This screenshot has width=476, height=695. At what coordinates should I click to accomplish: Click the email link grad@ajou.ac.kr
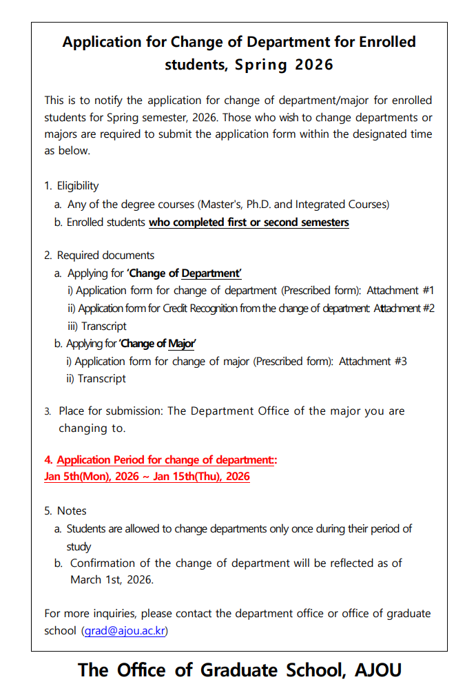click(x=125, y=630)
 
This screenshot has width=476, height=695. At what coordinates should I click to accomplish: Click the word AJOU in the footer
click(x=378, y=670)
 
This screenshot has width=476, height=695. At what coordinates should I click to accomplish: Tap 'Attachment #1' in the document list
click(x=400, y=291)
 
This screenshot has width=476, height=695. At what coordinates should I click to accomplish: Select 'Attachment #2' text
click(x=404, y=309)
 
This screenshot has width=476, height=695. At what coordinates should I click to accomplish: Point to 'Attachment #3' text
click(x=373, y=361)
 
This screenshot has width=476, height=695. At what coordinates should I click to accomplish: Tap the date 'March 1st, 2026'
click(x=112, y=580)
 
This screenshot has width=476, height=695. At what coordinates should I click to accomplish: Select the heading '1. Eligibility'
click(x=72, y=186)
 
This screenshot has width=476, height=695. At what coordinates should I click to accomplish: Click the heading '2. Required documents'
click(x=99, y=256)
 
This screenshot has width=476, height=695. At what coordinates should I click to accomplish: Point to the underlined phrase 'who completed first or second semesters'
click(x=249, y=222)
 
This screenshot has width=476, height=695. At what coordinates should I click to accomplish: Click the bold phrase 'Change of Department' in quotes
click(x=184, y=273)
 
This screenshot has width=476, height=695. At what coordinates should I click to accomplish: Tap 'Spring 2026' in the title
click(x=284, y=65)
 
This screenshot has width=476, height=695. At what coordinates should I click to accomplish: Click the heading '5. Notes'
click(x=65, y=511)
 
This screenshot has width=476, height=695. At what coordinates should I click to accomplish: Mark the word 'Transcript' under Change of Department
click(x=104, y=326)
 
